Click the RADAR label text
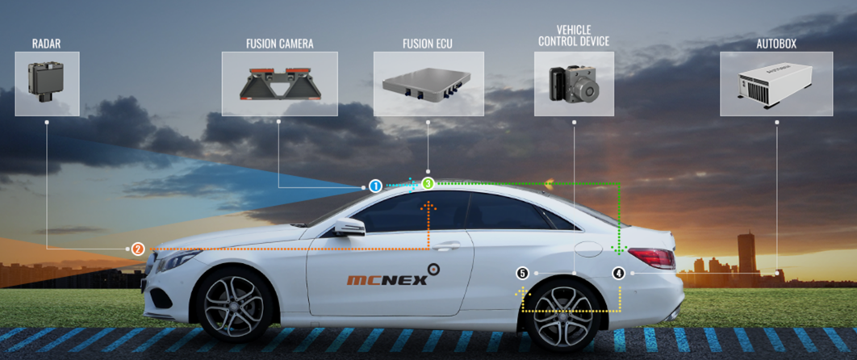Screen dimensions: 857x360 pos(48,44)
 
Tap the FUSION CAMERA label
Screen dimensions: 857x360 pos(279,44)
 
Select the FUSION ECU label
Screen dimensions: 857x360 pos(428,44)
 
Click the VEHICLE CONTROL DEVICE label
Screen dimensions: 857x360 pos(573,36)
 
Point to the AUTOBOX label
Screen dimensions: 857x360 pos(775,44)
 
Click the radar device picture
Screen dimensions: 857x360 pos(47,84)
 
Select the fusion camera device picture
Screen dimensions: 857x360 pos(279,84)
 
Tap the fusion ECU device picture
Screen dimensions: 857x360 pos(428,84)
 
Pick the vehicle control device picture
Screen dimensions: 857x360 pos(573,84)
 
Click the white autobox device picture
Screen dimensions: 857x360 pos(775,84)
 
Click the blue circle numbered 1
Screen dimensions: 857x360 pos(375,186)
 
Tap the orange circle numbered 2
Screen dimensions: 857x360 pos(138,249)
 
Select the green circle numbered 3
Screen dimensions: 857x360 pos(428,184)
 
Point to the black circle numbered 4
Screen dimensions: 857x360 pos(618,274)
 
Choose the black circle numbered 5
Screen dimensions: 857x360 pos(522,274)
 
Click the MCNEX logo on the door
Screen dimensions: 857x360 pos(387,279)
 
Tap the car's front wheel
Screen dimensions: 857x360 pos(233,306)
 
